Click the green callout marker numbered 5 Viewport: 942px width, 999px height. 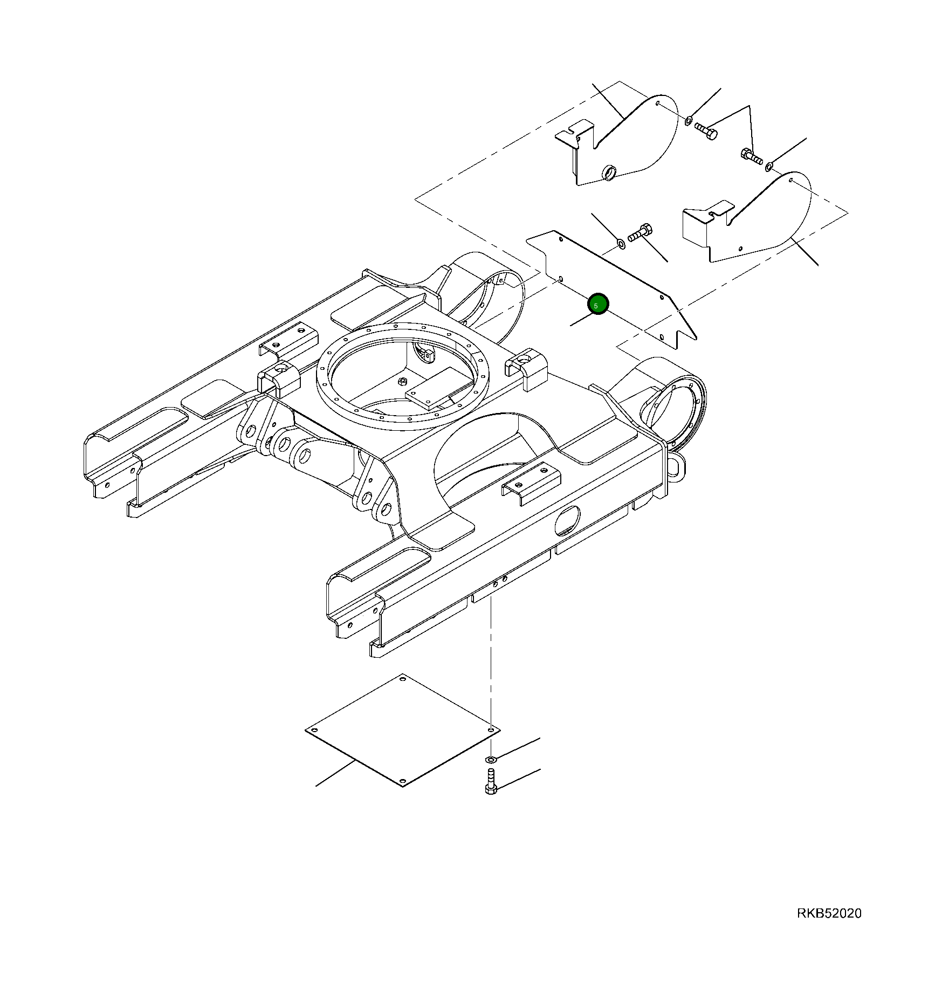pos(597,305)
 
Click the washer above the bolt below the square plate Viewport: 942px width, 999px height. pos(490,759)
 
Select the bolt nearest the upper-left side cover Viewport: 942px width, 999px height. pos(706,131)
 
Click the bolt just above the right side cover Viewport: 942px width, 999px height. pos(750,157)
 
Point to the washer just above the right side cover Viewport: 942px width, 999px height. pos(768,167)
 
